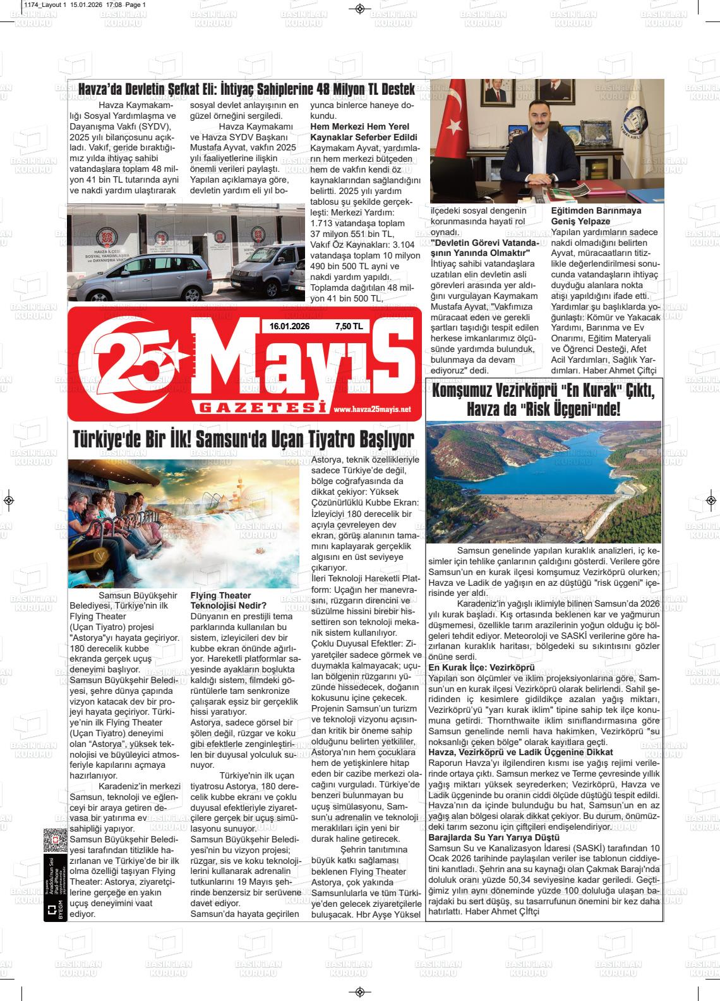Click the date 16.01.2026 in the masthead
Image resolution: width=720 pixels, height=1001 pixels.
289,326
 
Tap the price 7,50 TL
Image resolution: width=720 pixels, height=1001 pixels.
349,326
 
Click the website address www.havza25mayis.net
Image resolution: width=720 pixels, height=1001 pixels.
371,409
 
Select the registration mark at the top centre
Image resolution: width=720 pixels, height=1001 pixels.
359,8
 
